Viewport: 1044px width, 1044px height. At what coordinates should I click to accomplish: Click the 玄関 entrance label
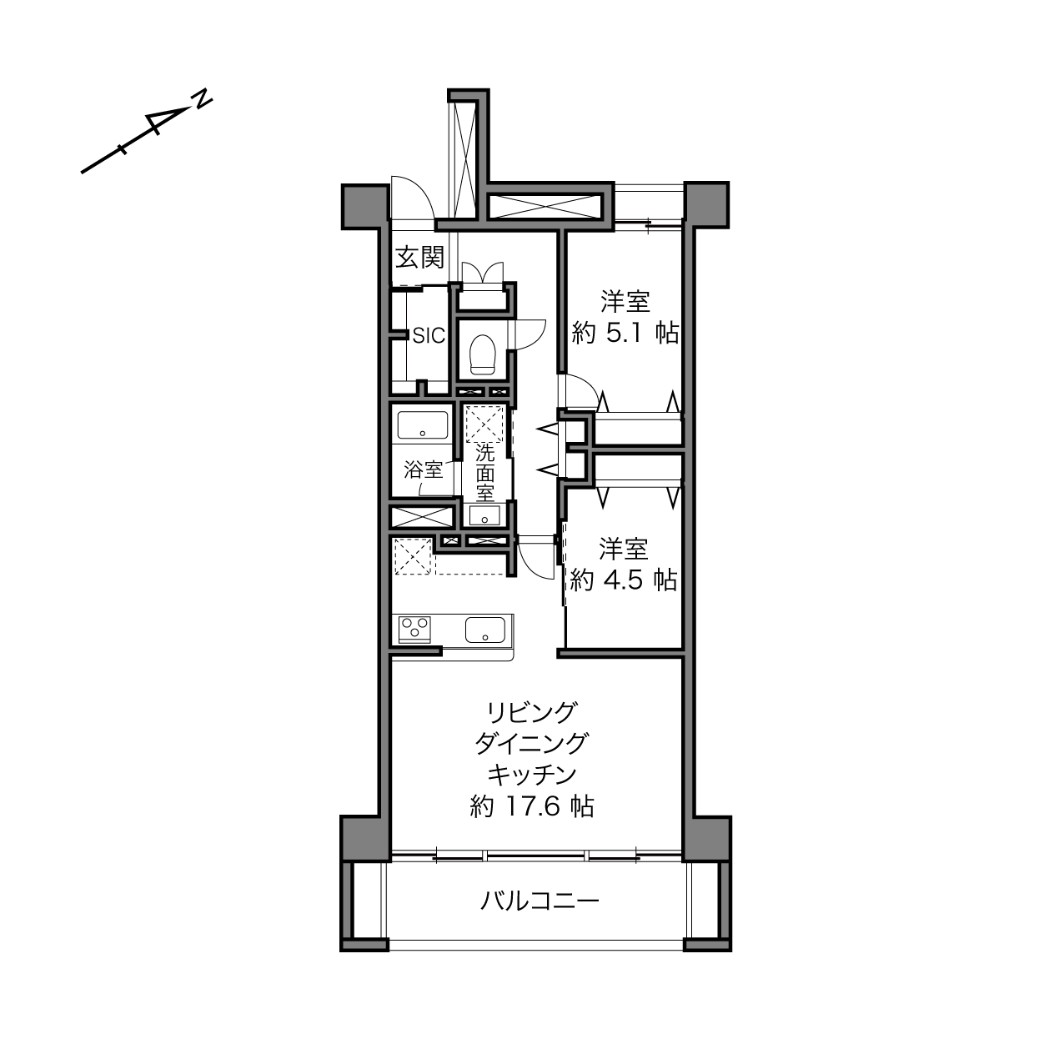420,257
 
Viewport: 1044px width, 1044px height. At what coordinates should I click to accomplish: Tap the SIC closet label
429,336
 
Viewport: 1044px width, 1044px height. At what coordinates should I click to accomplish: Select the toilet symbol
484,354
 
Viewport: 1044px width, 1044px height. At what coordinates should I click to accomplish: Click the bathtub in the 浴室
423,425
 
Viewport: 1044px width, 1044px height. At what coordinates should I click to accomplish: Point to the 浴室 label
423,469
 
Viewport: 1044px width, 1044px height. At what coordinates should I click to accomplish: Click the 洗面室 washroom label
484,472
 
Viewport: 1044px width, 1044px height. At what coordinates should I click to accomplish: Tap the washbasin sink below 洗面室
484,515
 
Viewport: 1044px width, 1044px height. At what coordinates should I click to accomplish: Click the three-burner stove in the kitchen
415,630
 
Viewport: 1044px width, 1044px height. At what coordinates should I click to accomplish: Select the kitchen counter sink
484,630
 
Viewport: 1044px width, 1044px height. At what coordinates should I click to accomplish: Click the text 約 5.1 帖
625,333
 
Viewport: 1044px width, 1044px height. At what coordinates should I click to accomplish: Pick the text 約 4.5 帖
624,580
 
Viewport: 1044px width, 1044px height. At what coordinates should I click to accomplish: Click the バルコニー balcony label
540,901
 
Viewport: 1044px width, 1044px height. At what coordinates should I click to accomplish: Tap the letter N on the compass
203,100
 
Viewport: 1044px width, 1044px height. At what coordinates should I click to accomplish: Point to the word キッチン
531,775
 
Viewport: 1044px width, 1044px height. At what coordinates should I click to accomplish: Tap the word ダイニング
531,743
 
